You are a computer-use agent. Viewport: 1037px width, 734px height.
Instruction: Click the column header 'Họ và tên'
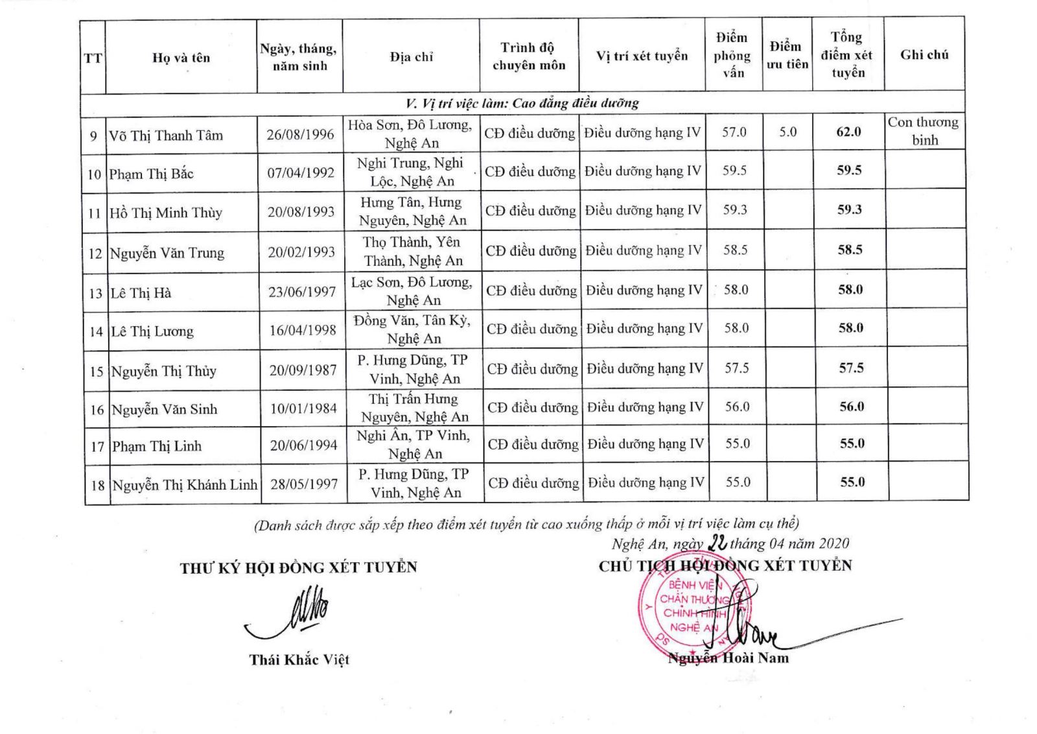(x=181, y=58)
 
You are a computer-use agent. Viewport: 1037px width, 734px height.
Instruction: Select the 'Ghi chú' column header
(x=924, y=55)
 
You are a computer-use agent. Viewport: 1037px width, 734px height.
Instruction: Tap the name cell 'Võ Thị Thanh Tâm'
(x=166, y=136)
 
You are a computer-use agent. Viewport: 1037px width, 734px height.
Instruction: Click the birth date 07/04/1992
(x=301, y=173)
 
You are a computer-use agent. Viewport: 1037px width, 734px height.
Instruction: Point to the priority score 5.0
(x=787, y=132)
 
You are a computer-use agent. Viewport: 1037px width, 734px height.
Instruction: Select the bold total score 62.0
(x=848, y=132)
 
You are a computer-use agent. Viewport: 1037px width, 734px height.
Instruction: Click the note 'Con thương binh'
(x=924, y=131)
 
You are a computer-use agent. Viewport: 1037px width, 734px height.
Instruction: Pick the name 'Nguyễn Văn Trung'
(x=167, y=253)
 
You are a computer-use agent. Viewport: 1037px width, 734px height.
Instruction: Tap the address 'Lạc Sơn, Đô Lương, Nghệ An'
(x=413, y=291)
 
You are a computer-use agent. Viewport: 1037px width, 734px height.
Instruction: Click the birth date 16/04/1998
(x=303, y=330)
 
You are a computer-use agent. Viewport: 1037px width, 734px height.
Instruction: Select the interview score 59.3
(x=735, y=210)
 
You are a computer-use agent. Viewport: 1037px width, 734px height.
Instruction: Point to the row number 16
(x=97, y=410)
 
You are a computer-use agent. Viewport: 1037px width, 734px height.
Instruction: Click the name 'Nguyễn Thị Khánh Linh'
(x=185, y=485)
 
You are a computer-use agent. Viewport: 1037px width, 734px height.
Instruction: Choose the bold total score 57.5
(x=851, y=368)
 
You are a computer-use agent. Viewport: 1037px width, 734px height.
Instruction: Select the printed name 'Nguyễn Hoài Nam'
(x=728, y=658)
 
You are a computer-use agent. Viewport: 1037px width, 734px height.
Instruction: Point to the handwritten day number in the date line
(x=717, y=543)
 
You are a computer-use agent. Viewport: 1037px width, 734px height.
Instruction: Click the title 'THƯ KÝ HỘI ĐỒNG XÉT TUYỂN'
(x=299, y=568)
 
